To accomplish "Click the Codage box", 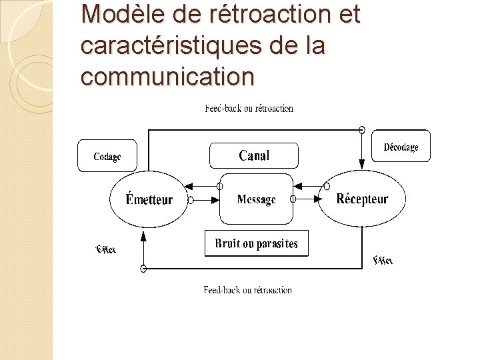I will (x=107, y=156).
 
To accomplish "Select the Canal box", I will (x=254, y=155).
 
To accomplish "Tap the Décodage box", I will (x=401, y=147).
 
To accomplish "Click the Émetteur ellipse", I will (x=149, y=199).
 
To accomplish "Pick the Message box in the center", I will (x=256, y=199).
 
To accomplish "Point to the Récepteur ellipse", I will (x=362, y=198).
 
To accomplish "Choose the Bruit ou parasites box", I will (x=256, y=243).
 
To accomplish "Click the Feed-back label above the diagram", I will (x=249, y=108).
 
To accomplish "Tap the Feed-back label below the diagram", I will (x=247, y=290).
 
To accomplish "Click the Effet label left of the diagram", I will (x=106, y=249).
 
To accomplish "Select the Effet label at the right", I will (x=383, y=260).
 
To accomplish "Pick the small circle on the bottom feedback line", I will (x=143, y=268).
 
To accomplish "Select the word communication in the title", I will (x=167, y=77).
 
